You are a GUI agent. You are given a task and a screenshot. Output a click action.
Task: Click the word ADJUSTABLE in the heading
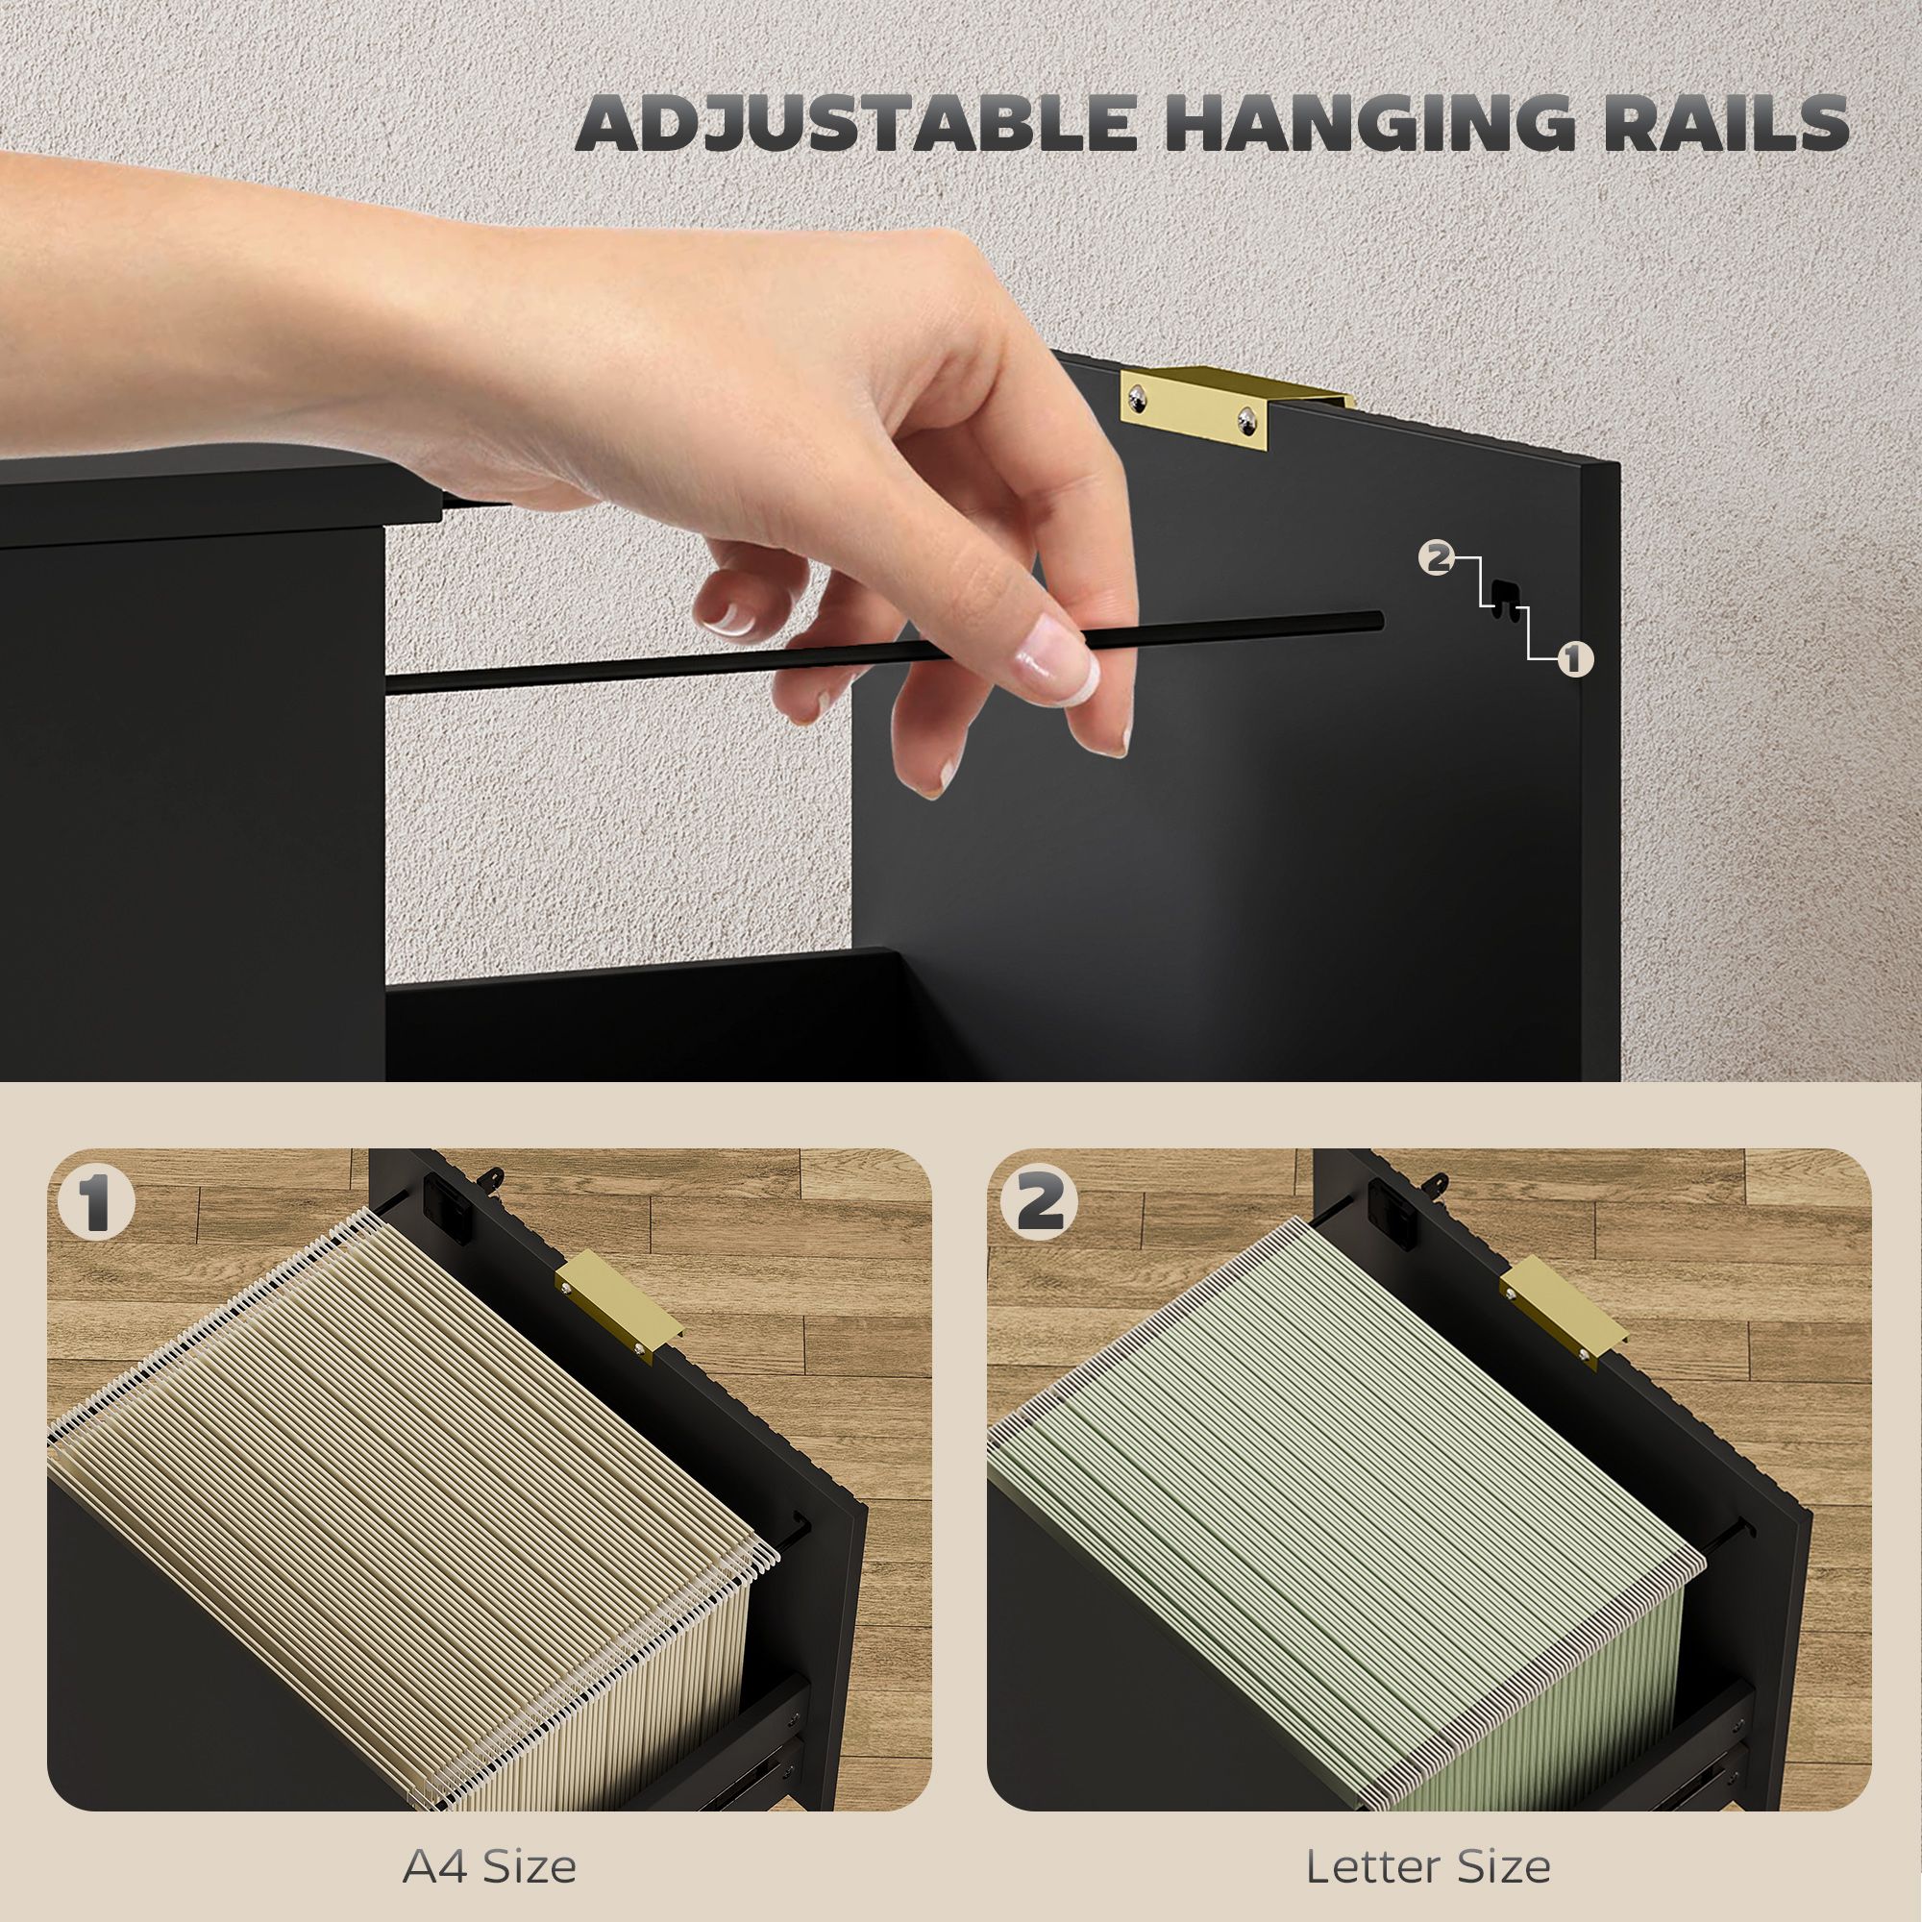855,123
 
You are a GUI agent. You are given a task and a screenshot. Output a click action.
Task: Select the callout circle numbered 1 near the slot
1573,658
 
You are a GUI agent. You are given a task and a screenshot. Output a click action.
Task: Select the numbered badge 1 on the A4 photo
96,1203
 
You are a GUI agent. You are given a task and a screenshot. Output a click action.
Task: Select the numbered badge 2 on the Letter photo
1041,1203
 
